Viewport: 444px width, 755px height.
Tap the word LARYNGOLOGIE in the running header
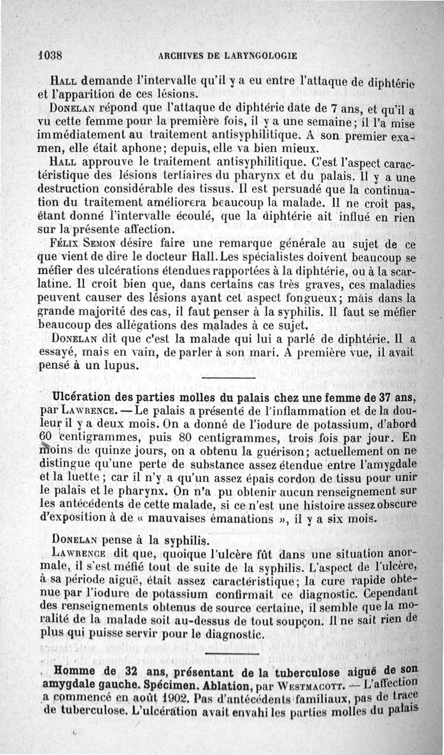click(262, 56)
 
